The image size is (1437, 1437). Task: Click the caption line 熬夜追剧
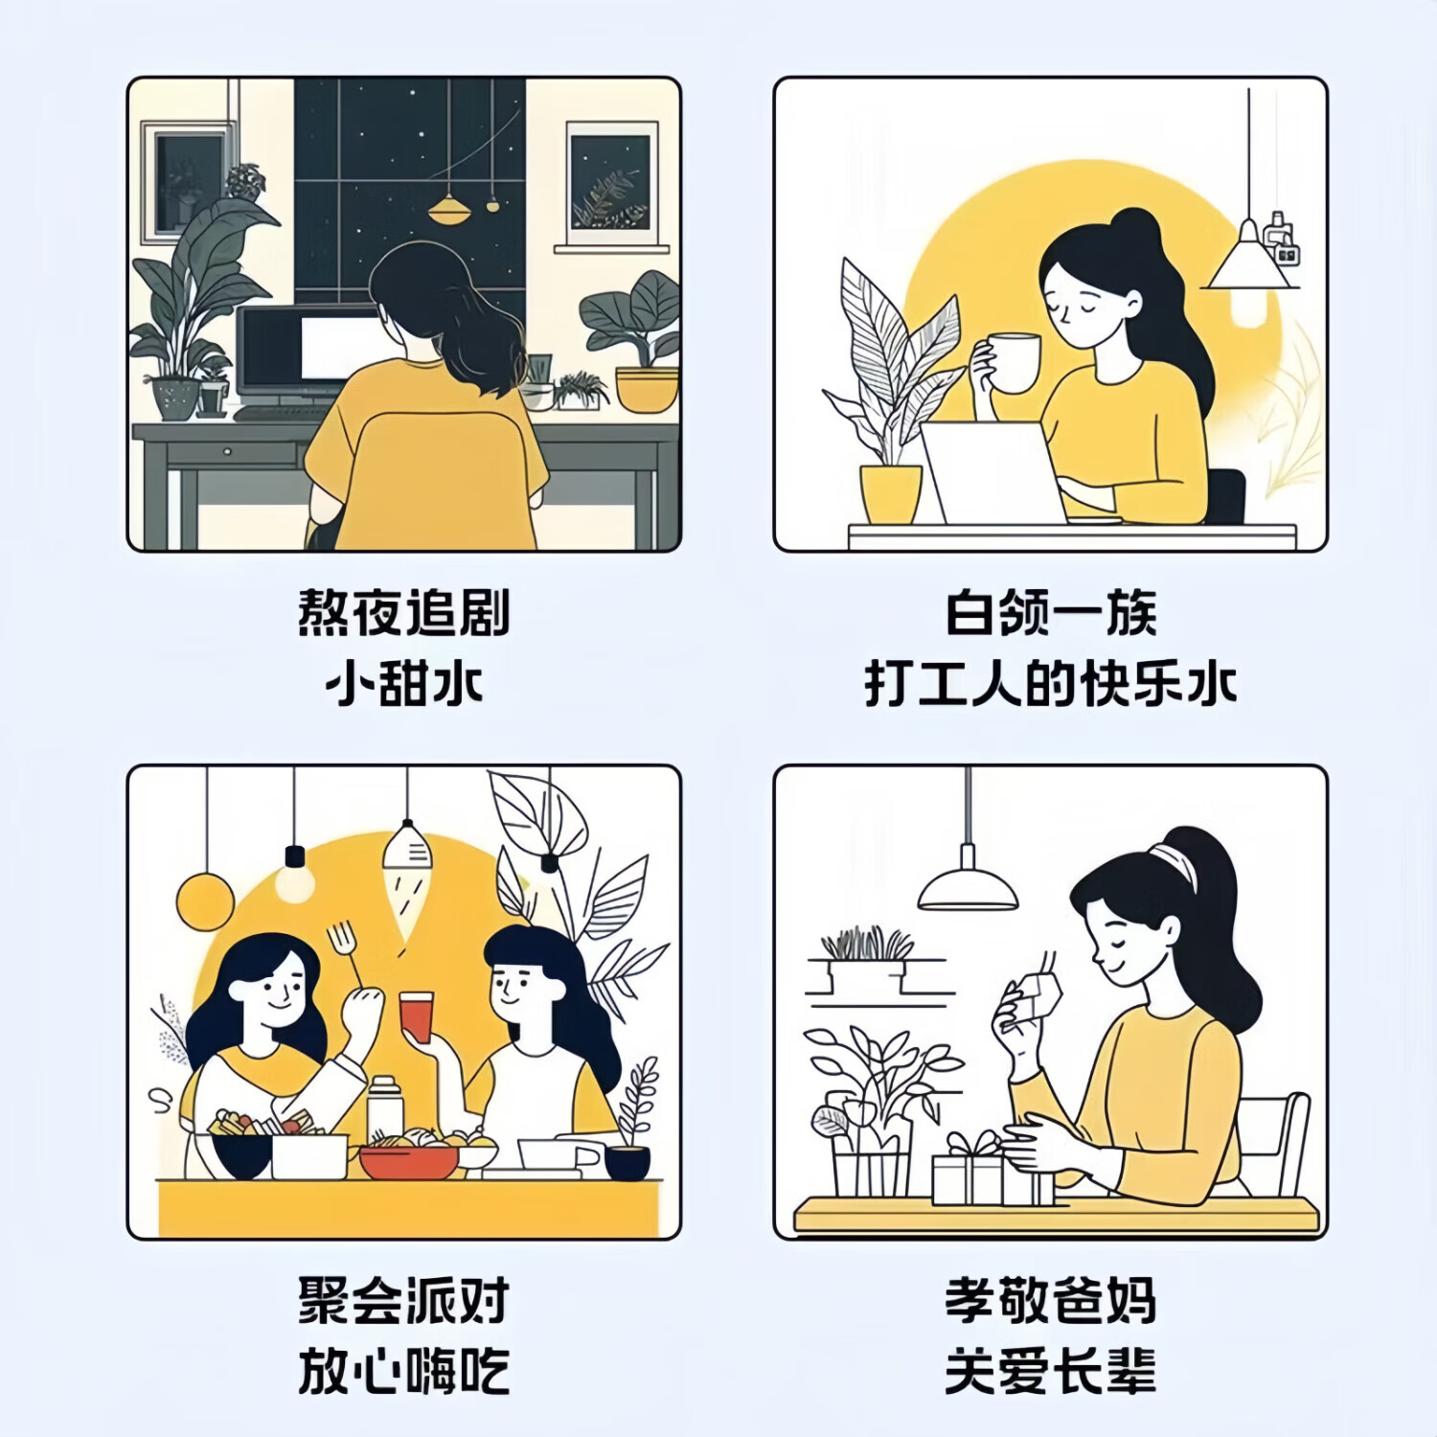click(403, 613)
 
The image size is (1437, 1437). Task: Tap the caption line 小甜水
click(403, 684)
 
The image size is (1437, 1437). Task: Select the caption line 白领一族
click(1051, 613)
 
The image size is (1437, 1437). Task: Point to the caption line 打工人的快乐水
click(1051, 684)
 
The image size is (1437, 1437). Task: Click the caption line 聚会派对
click(403, 1300)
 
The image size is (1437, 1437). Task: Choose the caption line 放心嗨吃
click(403, 1371)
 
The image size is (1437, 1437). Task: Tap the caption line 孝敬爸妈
click(1051, 1300)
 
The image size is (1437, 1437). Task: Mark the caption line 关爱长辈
click(1051, 1371)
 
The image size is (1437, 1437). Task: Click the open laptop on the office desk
click(992, 472)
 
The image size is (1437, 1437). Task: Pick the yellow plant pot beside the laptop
click(891, 492)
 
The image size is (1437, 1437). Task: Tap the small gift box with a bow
click(968, 1174)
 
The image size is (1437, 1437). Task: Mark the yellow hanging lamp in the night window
click(448, 209)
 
